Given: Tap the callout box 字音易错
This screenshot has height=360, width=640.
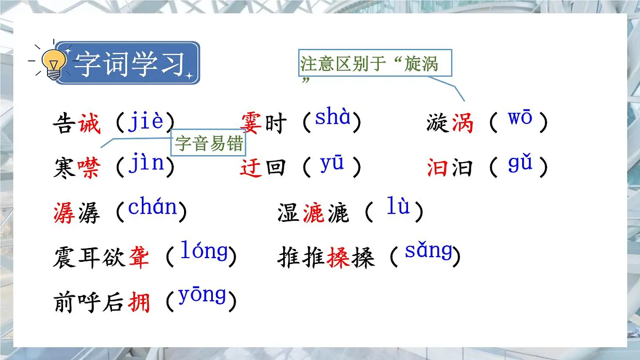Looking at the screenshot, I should click(209, 143).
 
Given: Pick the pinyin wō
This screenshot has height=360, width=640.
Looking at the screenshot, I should click(519, 118).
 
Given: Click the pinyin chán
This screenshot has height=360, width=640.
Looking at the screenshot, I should click(152, 207).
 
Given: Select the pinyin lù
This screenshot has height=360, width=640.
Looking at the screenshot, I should click(398, 207).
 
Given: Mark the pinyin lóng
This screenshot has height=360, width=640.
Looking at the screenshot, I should click(204, 251).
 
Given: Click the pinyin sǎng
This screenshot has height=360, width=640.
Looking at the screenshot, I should click(428, 251).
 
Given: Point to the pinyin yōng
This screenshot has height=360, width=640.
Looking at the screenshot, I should click(202, 295).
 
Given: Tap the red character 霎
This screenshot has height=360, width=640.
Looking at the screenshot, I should click(252, 124).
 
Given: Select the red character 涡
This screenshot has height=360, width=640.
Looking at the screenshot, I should click(462, 124).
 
